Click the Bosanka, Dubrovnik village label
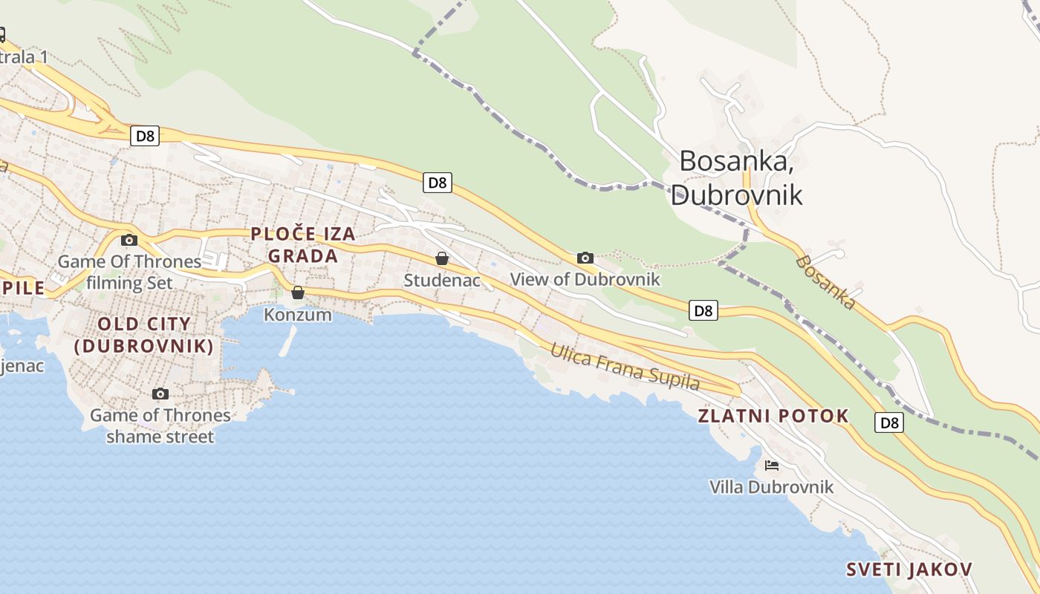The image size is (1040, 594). coord(737,177)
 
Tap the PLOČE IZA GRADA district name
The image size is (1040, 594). coord(303,245)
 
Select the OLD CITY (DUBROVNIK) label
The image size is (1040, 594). coord(144,335)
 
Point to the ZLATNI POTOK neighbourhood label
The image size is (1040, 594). coord(773,416)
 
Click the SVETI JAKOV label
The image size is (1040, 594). coord(909,569)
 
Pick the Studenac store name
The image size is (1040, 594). coord(442,281)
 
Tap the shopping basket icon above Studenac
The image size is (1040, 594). coord(442,258)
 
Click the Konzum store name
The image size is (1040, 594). coord(298,315)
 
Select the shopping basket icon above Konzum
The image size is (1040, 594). coord(298,293)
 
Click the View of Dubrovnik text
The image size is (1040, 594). coord(585,280)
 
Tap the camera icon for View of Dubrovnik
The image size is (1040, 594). coord(585,258)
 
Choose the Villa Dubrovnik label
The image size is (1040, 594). coord(772,487)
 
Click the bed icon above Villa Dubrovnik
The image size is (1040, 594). coord(772,466)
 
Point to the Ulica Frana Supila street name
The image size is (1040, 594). coord(625,367)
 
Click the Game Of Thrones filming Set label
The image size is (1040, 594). coord(129,272)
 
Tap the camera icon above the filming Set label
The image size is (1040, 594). coord(129,240)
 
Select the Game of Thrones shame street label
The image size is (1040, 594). coord(160,425)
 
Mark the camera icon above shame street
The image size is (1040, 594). coord(160,394)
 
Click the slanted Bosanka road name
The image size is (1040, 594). coord(825,282)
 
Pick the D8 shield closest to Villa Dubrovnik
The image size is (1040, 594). coord(889,422)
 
